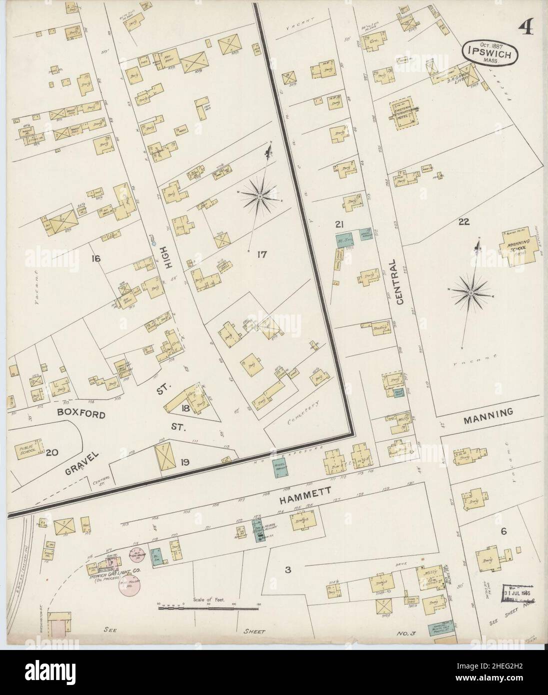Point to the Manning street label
click(488, 413)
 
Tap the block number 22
click(463, 222)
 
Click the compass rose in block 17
click(260, 196)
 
